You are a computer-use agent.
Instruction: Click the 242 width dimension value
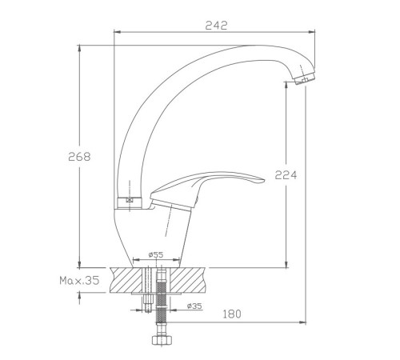pyautogui.click(x=216, y=26)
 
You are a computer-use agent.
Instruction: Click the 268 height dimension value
pyautogui.click(x=79, y=157)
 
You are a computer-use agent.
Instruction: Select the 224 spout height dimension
pyautogui.click(x=286, y=175)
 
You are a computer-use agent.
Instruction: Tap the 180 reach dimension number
pyautogui.click(x=232, y=314)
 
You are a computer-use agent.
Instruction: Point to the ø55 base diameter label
pyautogui.click(x=156, y=254)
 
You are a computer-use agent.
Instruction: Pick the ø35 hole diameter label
pyautogui.click(x=194, y=306)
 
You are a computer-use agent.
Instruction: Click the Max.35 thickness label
pyautogui.click(x=79, y=280)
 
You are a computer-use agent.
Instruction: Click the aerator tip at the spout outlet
pyautogui.click(x=306, y=78)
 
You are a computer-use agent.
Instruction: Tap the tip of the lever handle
pyautogui.click(x=264, y=181)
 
